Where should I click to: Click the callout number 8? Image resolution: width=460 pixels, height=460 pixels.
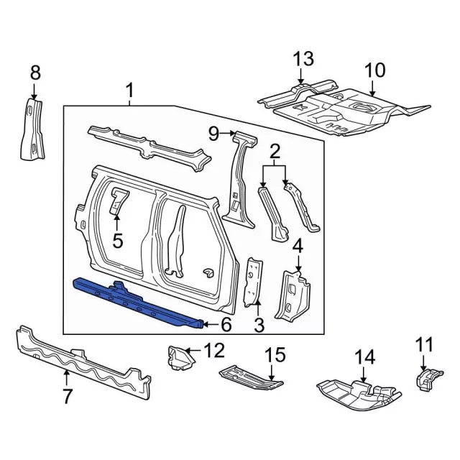35,73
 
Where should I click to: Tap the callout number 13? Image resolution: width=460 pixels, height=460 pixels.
303,59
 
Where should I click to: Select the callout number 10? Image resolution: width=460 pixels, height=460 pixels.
374,70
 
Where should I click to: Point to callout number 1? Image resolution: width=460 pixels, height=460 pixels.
129,91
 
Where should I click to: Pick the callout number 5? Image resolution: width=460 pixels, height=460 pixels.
118,241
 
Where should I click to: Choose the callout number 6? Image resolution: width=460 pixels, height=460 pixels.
226,325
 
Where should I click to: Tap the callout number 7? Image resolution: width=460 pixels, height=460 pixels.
67,395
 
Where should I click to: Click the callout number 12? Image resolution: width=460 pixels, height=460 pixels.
214,350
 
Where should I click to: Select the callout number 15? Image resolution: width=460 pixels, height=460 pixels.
275,354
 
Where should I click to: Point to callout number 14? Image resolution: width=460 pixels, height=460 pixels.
365,357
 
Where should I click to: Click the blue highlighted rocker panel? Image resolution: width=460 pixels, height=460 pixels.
137,302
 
